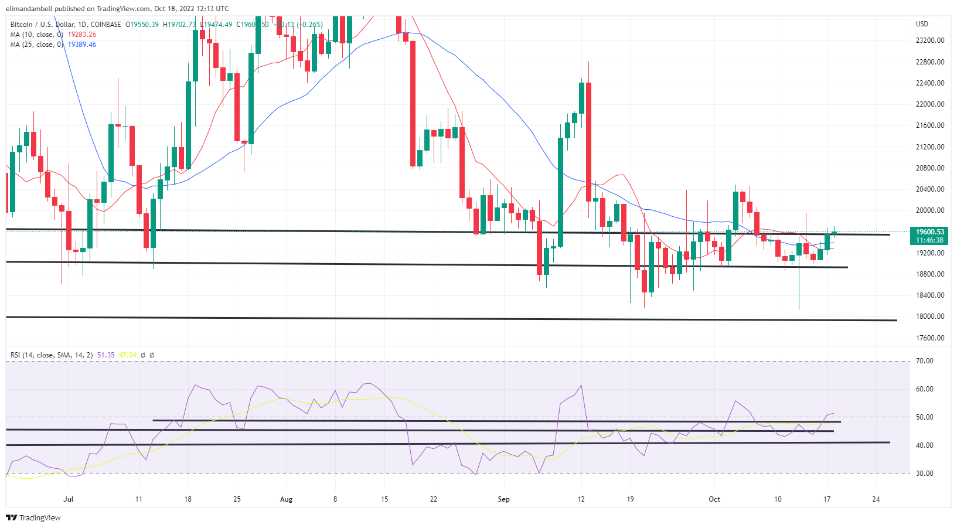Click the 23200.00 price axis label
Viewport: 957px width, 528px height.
coord(930,40)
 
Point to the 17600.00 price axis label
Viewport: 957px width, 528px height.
coord(930,338)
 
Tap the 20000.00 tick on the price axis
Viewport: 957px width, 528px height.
coord(930,210)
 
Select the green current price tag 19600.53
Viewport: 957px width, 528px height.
coord(930,232)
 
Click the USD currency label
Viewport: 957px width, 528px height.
coord(922,24)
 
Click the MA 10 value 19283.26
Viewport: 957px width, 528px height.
coord(82,35)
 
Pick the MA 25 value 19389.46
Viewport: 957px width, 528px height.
coord(82,45)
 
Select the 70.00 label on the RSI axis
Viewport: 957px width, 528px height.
coord(925,361)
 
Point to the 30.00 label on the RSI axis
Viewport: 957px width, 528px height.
coord(925,474)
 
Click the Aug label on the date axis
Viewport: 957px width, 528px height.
coord(286,499)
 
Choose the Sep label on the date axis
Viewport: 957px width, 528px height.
coord(503,499)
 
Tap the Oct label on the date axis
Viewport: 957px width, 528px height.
coord(714,499)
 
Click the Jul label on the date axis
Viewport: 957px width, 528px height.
coord(69,499)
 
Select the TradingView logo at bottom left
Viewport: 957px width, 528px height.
coord(33,518)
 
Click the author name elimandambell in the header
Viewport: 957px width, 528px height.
coord(29,9)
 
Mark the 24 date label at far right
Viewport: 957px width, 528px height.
coord(876,499)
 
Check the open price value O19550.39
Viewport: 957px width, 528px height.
coord(142,25)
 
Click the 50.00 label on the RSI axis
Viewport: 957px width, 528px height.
coord(925,417)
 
